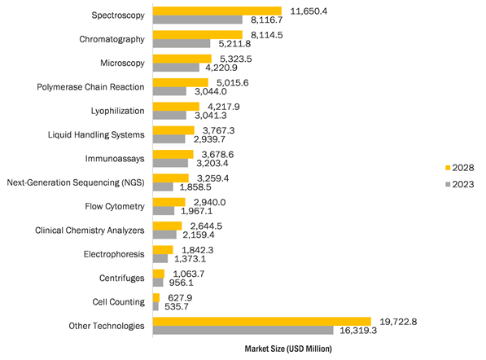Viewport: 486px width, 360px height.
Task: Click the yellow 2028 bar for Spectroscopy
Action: point(217,11)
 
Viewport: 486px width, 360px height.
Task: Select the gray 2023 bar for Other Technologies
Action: point(243,330)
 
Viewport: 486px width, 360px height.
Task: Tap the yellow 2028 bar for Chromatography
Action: point(198,35)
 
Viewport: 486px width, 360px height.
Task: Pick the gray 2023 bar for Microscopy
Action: point(176,68)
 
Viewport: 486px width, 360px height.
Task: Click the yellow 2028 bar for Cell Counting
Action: point(156,297)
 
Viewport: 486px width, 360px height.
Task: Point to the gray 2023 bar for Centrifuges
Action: point(158,283)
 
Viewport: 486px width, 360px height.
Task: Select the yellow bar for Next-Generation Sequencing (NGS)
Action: point(171,178)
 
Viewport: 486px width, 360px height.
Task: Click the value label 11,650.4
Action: point(309,11)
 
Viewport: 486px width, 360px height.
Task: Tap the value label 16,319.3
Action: point(358,331)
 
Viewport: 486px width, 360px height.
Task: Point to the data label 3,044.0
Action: point(211,92)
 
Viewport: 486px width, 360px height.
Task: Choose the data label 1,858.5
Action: point(195,187)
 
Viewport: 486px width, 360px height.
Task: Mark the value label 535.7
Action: point(177,307)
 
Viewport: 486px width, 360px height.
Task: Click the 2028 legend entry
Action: point(460,168)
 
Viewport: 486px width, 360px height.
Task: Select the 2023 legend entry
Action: point(460,185)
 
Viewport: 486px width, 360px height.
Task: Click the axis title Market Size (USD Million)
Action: point(288,349)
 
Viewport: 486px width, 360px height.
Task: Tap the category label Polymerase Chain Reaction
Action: point(90,87)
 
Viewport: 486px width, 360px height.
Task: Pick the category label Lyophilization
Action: point(117,111)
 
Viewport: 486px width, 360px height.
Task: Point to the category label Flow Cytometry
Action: point(115,207)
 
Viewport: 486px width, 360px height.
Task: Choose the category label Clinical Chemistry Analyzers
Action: point(90,230)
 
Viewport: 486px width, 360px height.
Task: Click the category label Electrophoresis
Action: point(114,254)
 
